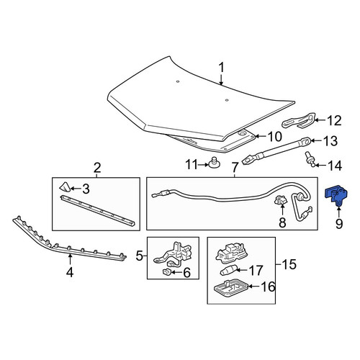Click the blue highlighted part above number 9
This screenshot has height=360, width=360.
(336, 195)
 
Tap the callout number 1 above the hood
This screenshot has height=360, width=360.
(221, 68)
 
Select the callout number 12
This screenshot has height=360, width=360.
(334, 121)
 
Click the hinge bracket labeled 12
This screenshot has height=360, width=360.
(299, 120)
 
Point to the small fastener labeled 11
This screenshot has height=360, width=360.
(215, 163)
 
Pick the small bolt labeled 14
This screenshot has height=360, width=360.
(309, 158)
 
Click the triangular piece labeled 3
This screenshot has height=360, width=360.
(65, 187)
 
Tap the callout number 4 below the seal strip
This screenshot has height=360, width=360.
(70, 272)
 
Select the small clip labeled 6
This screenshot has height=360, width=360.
(166, 272)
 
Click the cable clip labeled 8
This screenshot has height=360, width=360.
(281, 200)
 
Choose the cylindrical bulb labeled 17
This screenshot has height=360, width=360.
(228, 271)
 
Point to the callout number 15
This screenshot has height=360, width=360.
(289, 264)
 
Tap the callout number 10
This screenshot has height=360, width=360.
(274, 137)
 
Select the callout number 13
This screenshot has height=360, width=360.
(330, 141)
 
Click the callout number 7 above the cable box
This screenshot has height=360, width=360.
(235, 167)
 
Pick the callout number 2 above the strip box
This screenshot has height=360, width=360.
(96, 168)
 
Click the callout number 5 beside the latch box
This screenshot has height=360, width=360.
(140, 256)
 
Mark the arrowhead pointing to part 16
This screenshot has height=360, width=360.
(250, 287)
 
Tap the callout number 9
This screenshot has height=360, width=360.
(339, 223)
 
